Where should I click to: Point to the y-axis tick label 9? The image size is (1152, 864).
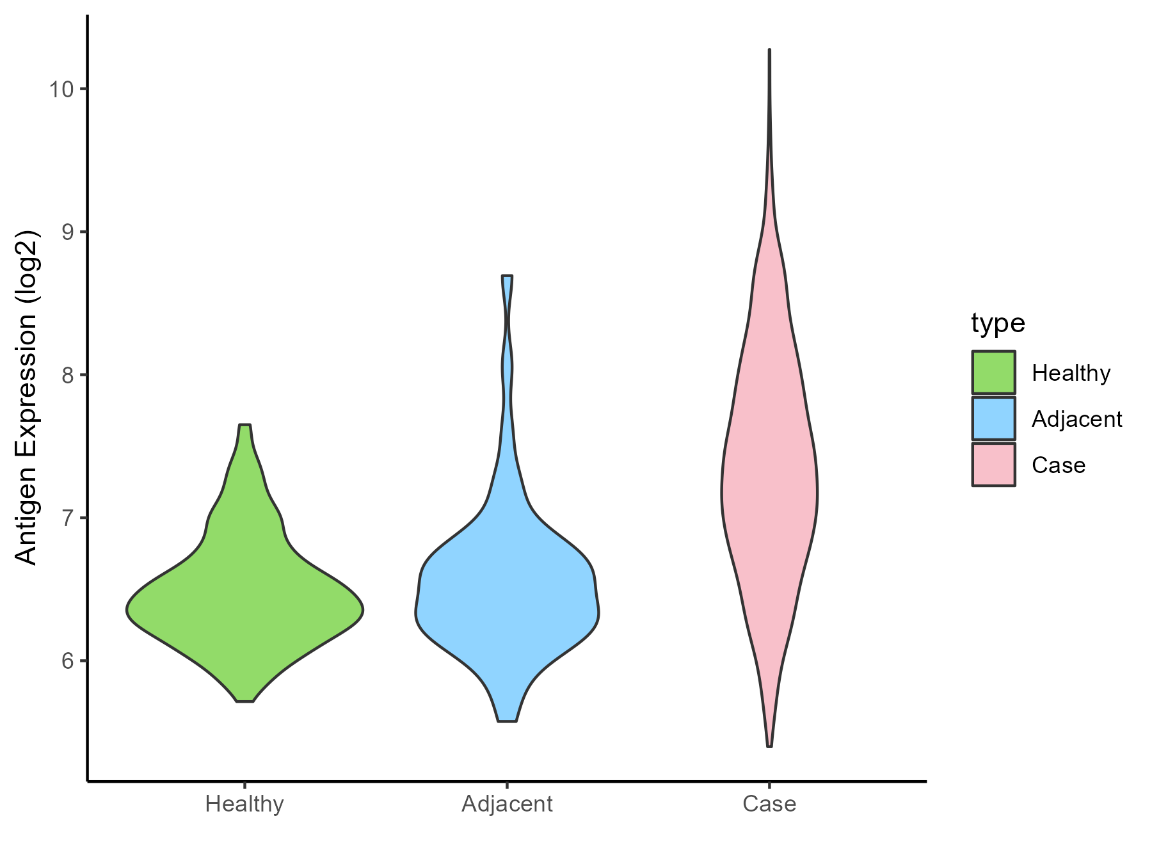(x=67, y=232)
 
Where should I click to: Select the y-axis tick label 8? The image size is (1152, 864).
(x=67, y=374)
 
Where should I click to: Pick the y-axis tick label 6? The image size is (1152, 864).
(x=67, y=660)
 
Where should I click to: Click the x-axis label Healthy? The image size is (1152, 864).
(x=244, y=804)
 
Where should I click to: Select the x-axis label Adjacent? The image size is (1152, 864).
(x=507, y=804)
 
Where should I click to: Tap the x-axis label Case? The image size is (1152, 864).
(x=769, y=804)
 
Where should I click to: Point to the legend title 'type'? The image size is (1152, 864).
(x=998, y=323)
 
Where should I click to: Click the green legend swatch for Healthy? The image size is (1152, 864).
(x=993, y=372)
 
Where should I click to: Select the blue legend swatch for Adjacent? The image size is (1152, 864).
(x=993, y=419)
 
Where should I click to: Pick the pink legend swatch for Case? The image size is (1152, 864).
(x=993, y=465)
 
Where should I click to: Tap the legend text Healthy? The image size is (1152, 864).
(x=1071, y=373)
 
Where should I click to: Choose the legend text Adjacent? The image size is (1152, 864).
(x=1076, y=419)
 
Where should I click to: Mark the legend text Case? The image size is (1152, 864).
(x=1058, y=465)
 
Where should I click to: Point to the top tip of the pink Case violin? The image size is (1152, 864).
(x=769, y=51)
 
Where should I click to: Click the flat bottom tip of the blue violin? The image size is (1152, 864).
(x=507, y=721)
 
